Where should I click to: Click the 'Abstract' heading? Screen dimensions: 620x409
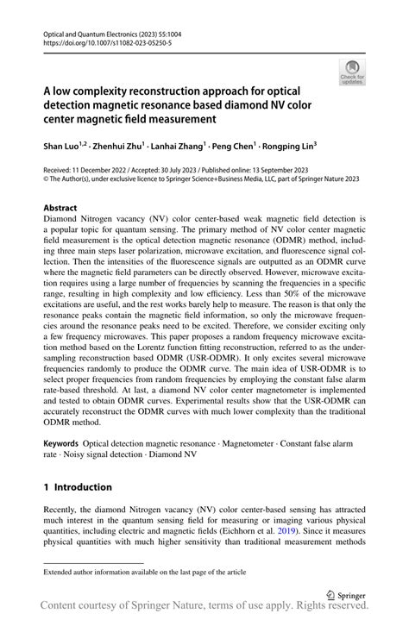pyautogui.click(x=60, y=208)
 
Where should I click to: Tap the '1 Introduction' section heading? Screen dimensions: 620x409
pyautogui.click(x=78, y=487)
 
